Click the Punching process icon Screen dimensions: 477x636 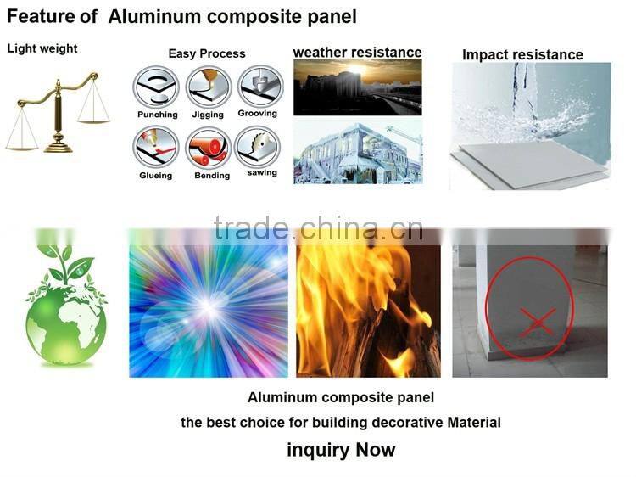[156, 87]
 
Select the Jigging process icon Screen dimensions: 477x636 [208, 87]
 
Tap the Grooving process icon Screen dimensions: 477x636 [259, 86]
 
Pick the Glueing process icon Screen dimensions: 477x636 [156, 148]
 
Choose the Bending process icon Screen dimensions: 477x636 [209, 148]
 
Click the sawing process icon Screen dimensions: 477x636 [259, 146]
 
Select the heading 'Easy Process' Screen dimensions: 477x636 [207, 53]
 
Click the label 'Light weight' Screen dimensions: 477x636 [42, 48]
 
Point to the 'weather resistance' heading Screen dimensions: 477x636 [357, 53]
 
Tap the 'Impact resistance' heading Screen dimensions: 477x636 [522, 55]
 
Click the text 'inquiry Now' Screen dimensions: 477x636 [341, 450]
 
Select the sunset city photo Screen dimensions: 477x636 [357, 87]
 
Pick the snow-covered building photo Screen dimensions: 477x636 [357, 151]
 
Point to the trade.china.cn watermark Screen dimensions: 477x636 [318, 229]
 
